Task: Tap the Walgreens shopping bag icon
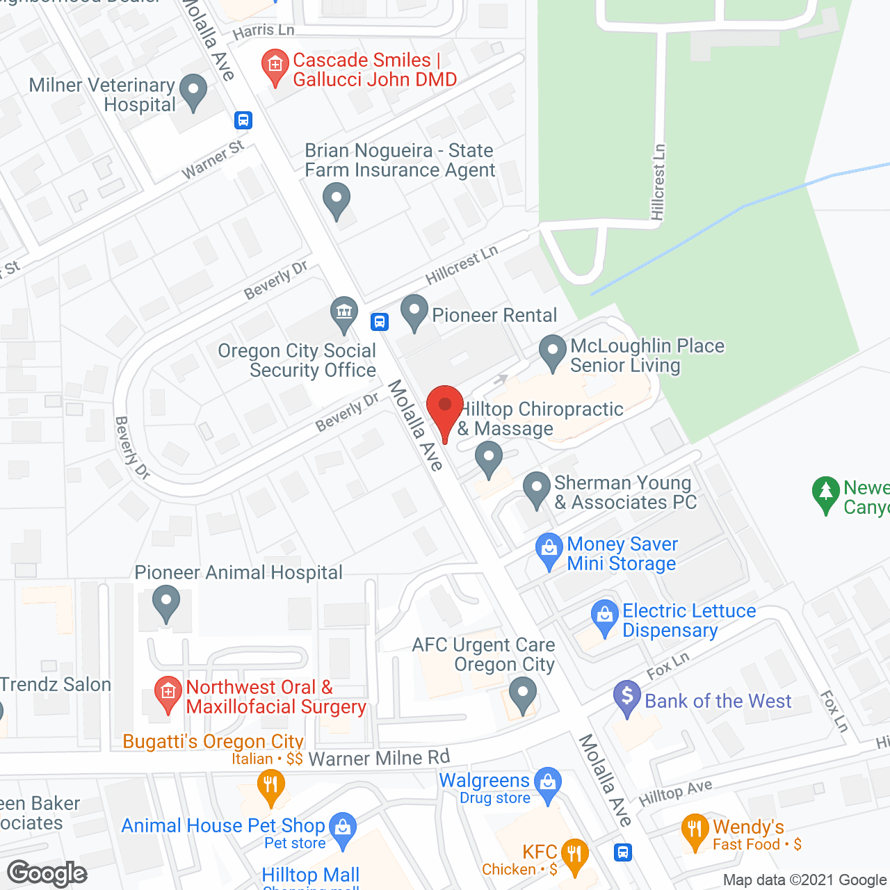click(x=548, y=783)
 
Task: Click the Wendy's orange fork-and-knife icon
click(x=695, y=830)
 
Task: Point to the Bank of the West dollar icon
click(x=627, y=697)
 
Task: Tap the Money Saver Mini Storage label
click(x=622, y=554)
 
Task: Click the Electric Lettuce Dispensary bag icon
click(x=604, y=616)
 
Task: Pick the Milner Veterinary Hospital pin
click(x=193, y=91)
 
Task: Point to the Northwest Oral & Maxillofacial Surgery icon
click(x=168, y=693)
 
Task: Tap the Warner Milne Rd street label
click(x=379, y=758)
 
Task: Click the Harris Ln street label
click(x=264, y=31)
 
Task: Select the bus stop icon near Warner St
click(x=243, y=120)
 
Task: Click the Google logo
click(x=47, y=873)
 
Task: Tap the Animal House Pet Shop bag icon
click(x=342, y=829)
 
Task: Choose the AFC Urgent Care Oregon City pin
click(x=522, y=694)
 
